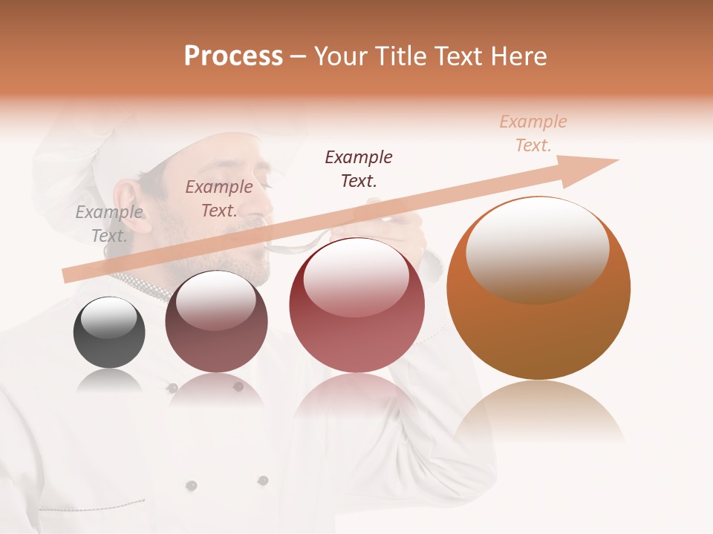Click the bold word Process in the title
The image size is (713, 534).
coord(233,56)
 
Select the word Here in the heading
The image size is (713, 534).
coord(518,56)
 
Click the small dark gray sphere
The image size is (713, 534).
coord(109,333)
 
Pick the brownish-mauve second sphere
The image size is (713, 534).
coord(216,322)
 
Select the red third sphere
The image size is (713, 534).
coord(356,306)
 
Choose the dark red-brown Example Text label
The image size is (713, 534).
coord(219,199)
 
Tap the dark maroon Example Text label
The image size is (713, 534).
coord(359,169)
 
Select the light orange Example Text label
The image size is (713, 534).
coord(533,133)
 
